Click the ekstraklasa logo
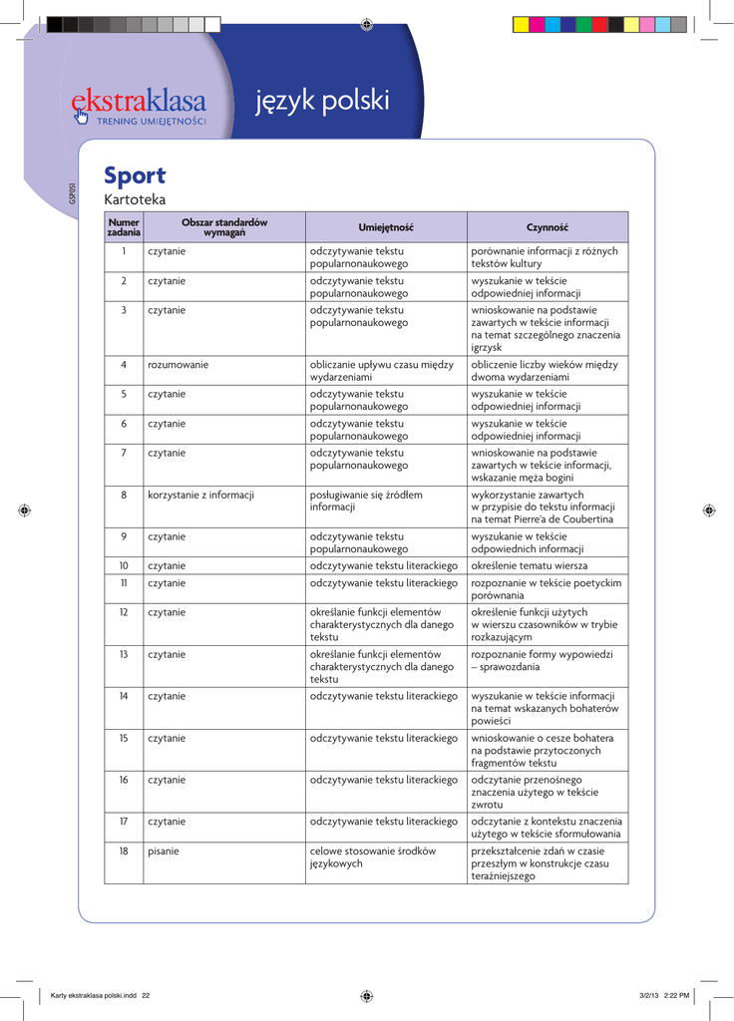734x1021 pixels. point(139,105)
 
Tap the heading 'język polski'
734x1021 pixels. point(322,101)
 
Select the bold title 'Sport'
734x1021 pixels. point(135,175)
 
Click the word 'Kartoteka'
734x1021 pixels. point(135,200)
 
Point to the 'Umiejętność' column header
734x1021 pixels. point(386,227)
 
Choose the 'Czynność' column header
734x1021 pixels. point(547,227)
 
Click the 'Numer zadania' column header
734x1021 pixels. point(124,226)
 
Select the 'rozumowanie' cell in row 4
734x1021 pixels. point(179,365)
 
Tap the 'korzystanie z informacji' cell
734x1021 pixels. point(200,495)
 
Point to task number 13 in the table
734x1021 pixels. point(124,654)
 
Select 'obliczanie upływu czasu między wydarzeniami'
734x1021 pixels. point(381,371)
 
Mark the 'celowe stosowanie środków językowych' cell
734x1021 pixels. point(372,856)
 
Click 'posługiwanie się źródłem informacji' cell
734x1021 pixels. point(366,501)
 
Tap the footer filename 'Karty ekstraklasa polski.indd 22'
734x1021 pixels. point(100,995)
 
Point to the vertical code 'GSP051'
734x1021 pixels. point(73,192)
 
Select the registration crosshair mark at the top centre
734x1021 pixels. point(367,22)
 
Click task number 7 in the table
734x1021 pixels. point(124,453)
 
